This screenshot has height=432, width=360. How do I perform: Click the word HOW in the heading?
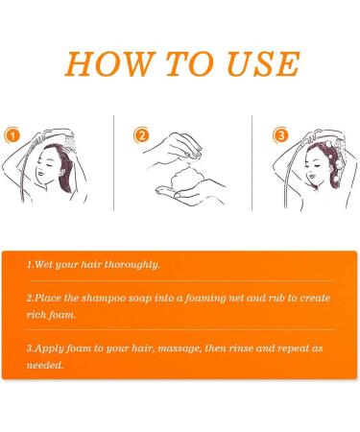109,63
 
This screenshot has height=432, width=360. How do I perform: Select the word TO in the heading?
190,63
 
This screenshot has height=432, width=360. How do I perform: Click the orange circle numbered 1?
12,135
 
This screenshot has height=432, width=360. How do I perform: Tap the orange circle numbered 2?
141,135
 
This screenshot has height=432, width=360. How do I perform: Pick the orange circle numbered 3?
280,135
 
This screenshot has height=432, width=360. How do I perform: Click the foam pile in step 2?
184,181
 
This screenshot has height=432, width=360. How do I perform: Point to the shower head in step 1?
68,140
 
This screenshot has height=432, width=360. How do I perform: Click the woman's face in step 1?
45,166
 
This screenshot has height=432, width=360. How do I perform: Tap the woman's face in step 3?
314,167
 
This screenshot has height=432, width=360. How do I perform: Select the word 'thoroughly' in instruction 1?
132,265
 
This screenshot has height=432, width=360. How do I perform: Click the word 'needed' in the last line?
44,365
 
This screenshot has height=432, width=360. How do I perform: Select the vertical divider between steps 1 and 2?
113,163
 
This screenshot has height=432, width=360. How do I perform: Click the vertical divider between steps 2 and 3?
252,163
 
